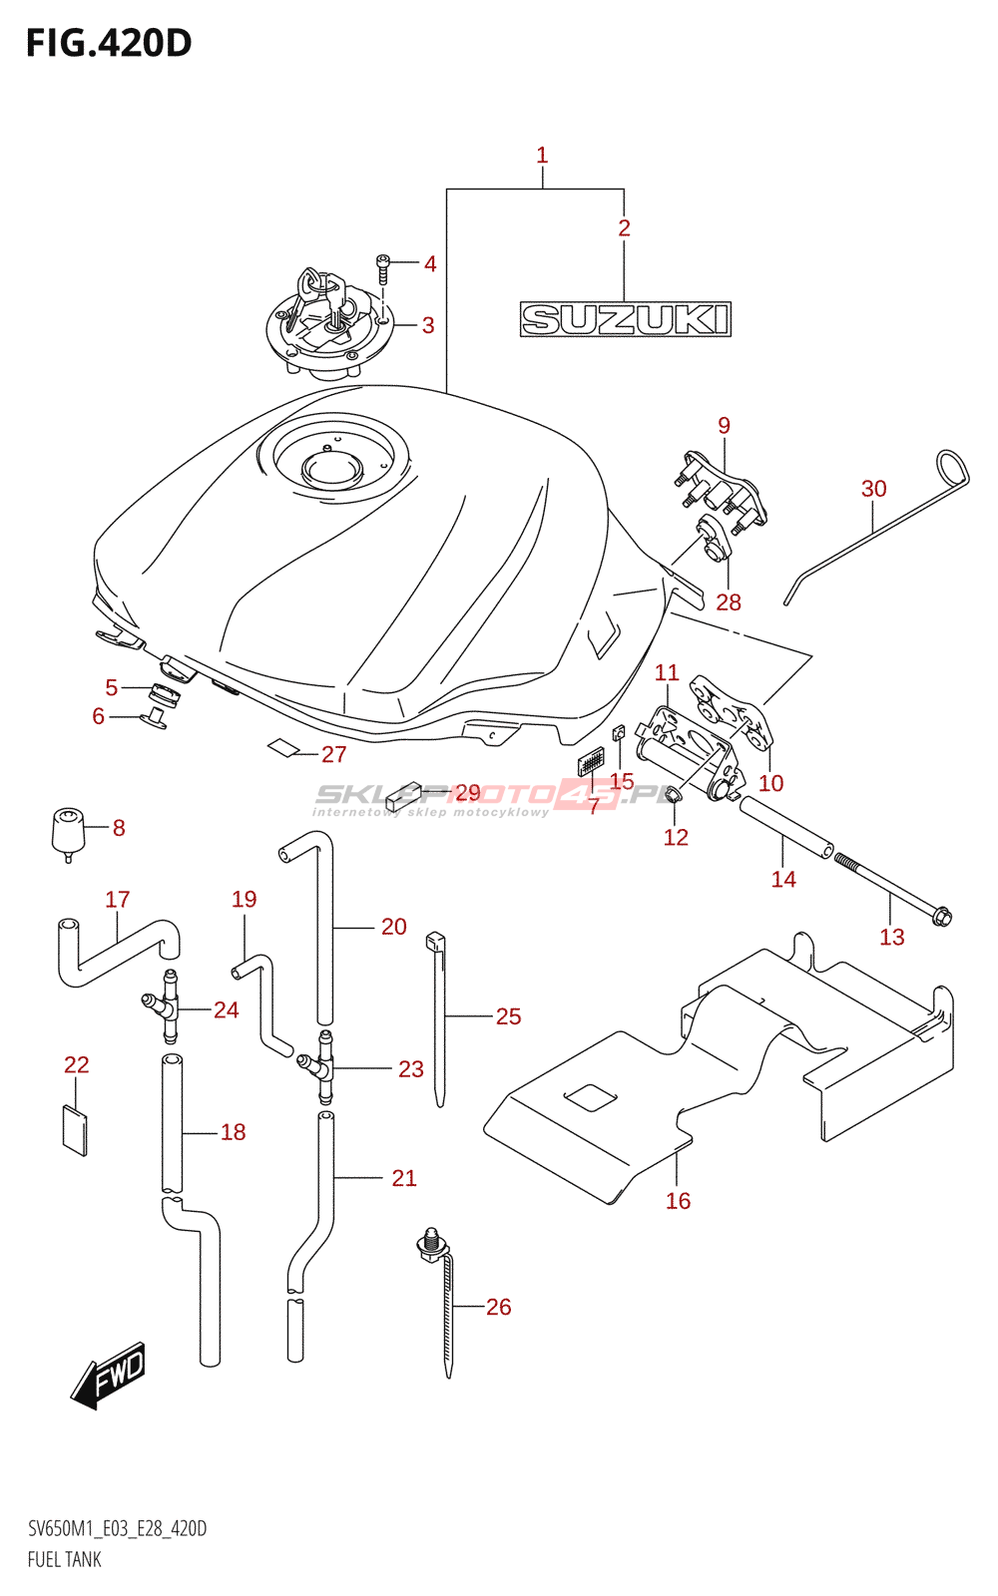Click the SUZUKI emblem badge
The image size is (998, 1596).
[x=626, y=319]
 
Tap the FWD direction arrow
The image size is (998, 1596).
[x=110, y=1377]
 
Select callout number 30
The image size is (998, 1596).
[x=873, y=489]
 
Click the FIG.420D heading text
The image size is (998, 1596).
[x=108, y=43]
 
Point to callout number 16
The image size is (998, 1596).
[x=678, y=1201]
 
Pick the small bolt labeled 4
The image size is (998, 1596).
[x=381, y=267]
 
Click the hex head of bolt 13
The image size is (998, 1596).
[x=940, y=915]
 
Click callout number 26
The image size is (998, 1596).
[x=498, y=1307]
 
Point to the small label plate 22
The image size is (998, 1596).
[x=75, y=1129]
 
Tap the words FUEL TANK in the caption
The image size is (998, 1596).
[x=65, y=1559]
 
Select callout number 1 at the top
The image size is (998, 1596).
[x=542, y=156]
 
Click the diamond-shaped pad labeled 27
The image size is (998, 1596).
[x=283, y=747]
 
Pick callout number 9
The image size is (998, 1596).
[x=724, y=426]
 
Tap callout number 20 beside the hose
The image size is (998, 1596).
[x=393, y=927]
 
